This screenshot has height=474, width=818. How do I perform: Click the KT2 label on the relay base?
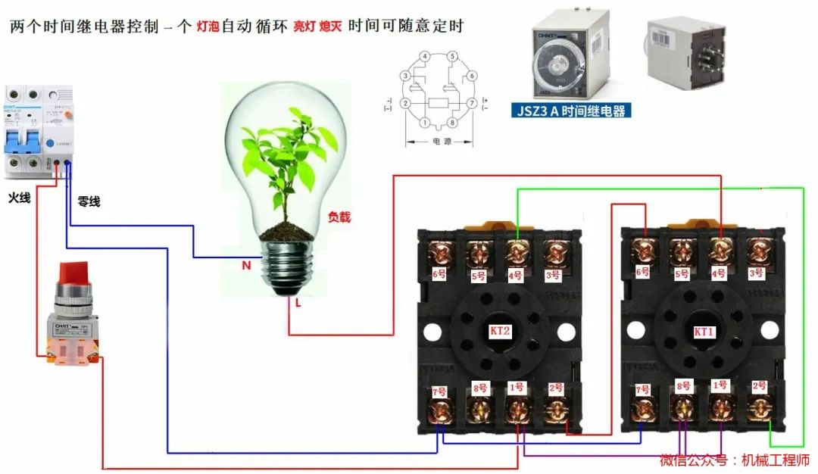[x=501, y=331]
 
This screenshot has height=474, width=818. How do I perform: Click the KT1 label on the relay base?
[x=704, y=332]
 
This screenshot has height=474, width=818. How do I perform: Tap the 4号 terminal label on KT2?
[x=516, y=276]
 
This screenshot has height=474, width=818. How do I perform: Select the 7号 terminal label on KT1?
[x=642, y=390]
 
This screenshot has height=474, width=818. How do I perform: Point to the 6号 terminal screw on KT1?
[x=645, y=250]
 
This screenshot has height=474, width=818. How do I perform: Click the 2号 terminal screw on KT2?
[x=556, y=410]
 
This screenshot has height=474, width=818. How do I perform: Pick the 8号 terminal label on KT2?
[x=479, y=389]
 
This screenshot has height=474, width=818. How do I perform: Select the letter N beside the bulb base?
[x=246, y=266]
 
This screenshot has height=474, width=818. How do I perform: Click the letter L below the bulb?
[x=299, y=303]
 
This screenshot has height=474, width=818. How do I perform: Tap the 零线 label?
[x=89, y=202]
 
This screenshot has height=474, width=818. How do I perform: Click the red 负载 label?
[x=339, y=217]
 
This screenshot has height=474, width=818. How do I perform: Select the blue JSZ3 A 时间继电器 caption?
[x=572, y=111]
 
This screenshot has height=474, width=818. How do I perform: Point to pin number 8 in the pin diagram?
[x=452, y=123]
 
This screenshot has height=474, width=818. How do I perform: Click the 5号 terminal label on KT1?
[x=682, y=273]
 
